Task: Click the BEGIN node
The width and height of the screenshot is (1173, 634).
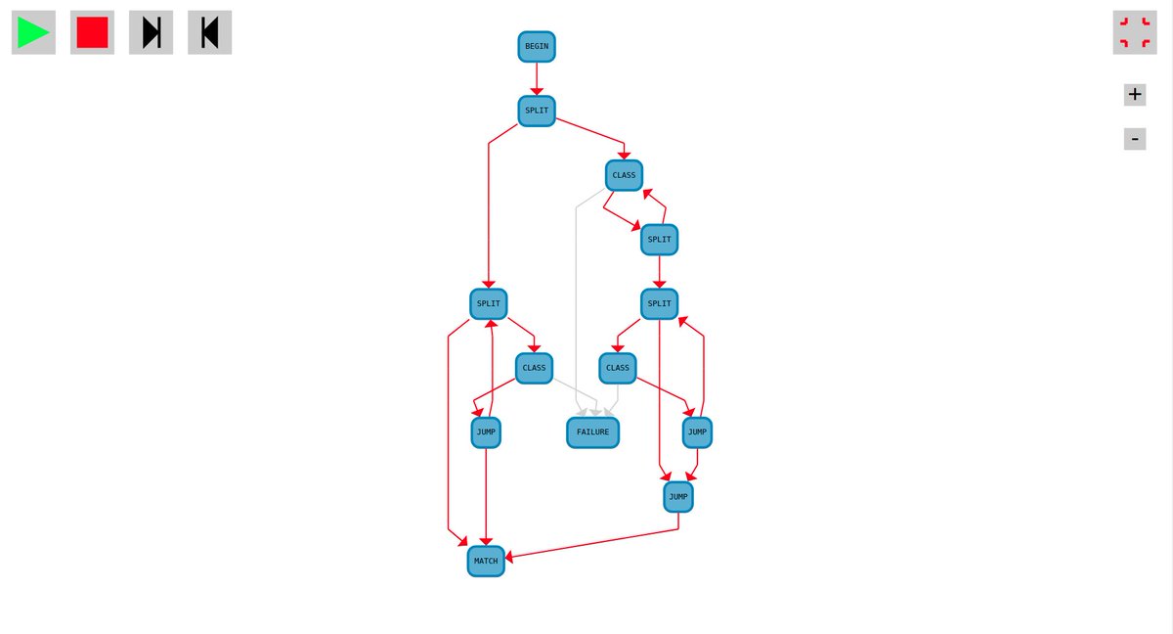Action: (537, 46)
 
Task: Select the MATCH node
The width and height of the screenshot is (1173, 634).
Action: (486, 561)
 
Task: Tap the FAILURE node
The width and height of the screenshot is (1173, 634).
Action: (592, 431)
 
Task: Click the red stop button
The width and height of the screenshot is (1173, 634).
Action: (92, 32)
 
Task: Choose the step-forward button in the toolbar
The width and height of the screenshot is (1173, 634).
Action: (151, 32)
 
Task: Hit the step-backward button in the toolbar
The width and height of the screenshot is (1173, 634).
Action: (209, 32)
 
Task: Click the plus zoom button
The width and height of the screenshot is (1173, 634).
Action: (1134, 95)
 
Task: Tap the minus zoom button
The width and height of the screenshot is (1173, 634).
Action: (1134, 139)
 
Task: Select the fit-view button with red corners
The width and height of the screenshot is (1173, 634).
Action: (1134, 32)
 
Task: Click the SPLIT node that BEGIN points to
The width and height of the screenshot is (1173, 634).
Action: (537, 111)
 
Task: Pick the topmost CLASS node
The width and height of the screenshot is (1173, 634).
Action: (624, 175)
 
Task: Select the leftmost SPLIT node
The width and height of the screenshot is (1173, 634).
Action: (489, 304)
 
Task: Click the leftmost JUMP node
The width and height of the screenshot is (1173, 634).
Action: (486, 431)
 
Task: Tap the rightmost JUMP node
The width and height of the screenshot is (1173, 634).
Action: (697, 431)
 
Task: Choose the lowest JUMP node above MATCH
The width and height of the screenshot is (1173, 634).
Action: (678, 497)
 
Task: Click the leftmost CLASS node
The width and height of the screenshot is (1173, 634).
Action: (535, 368)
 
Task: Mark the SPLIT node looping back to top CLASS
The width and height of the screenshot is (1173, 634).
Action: (660, 239)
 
